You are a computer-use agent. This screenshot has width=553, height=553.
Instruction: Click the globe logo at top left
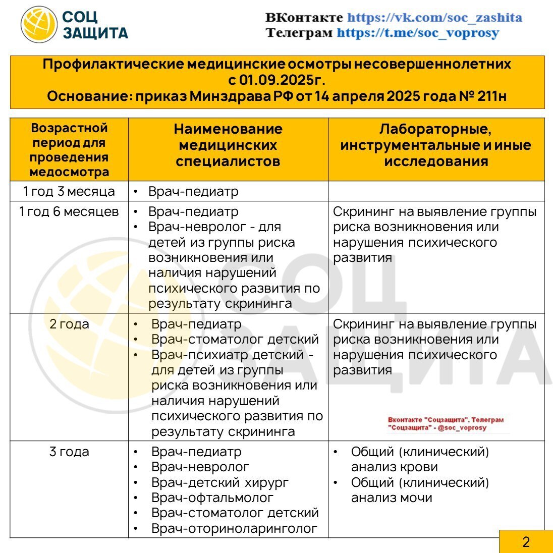click(x=39, y=24)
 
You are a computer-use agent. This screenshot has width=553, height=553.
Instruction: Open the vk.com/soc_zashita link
click(x=434, y=18)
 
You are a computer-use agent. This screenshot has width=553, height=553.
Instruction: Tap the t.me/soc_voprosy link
click(x=418, y=33)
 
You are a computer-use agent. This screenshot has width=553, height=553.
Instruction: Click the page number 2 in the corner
click(x=526, y=542)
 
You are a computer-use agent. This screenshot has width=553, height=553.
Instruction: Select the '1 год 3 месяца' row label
click(x=69, y=192)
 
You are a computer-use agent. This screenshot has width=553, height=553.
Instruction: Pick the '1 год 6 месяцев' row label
click(x=69, y=211)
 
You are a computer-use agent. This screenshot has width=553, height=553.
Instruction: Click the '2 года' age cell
click(x=69, y=324)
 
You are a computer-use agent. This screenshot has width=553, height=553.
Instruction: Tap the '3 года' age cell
click(x=69, y=452)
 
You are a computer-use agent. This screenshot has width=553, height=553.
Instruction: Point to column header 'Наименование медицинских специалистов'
click(x=228, y=145)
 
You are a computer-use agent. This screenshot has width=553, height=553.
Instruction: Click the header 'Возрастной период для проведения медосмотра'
click(x=69, y=150)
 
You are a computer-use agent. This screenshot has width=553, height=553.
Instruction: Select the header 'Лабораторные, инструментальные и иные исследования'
click(x=436, y=145)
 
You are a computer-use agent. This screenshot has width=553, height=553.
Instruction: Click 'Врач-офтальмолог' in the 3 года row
click(x=212, y=498)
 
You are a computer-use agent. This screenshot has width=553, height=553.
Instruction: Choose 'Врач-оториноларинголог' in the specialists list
click(x=234, y=528)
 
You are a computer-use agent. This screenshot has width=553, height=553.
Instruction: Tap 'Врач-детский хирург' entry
click(x=220, y=482)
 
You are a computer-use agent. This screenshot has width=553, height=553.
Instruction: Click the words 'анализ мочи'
click(x=392, y=498)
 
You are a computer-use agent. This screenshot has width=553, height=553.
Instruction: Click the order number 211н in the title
click(x=491, y=96)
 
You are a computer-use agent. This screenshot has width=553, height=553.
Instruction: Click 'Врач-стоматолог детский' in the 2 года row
click(x=235, y=339)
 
